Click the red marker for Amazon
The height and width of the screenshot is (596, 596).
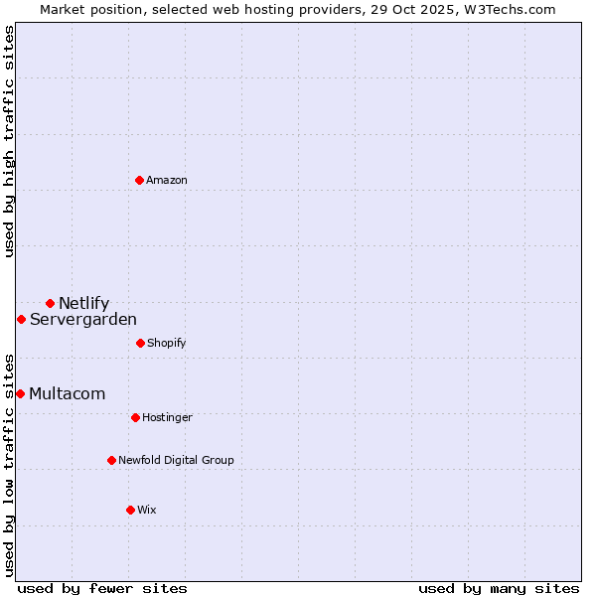[x=139, y=180]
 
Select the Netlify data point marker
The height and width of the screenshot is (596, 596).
[x=50, y=303]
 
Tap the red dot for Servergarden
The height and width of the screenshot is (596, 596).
[x=21, y=319]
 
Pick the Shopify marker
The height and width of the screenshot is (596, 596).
[x=140, y=343]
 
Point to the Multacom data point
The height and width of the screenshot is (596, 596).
[x=20, y=393]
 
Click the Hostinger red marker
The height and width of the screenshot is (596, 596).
[x=135, y=417]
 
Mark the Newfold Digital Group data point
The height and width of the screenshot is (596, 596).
[x=111, y=460]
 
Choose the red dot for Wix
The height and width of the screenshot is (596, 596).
[x=130, y=510]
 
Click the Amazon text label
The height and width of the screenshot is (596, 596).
[x=167, y=180]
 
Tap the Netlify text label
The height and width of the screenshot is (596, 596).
[x=84, y=303]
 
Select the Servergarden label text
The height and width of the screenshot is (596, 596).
[x=83, y=319]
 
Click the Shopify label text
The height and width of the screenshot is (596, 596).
[x=167, y=343]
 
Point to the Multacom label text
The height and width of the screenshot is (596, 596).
[x=68, y=393]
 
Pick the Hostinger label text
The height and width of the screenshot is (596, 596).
[x=167, y=417]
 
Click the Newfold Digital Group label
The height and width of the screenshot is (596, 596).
[x=176, y=460]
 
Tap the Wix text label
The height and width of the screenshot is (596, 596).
[x=147, y=510]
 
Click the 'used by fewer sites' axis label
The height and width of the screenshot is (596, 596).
[x=102, y=588]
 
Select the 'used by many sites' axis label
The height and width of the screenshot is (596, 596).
[x=499, y=588]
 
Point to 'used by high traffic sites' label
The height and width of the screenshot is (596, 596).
[x=9, y=141]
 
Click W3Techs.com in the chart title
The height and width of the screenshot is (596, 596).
[x=507, y=9]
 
